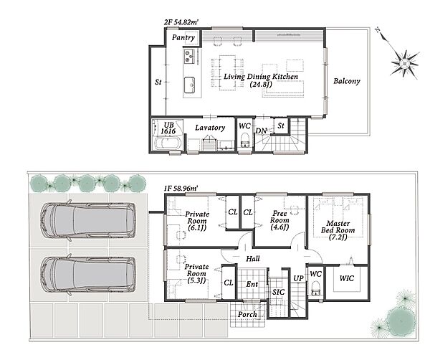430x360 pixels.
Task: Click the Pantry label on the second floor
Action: coord(183,37)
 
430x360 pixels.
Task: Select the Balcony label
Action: coord(347,81)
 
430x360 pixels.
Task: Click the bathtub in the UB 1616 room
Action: coord(167,143)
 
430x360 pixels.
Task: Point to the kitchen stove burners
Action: coord(189,56)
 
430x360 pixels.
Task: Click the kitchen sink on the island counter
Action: coord(189,85)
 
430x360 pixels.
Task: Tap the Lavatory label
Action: coord(210,128)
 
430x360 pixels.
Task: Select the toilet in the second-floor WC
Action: coord(244,140)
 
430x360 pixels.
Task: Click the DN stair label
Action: coord(261,131)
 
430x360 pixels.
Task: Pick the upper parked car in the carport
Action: coord(88,220)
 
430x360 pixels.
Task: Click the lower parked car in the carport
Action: coord(88,275)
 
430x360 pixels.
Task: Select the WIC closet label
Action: coord(347,278)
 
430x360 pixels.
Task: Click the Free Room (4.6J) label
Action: coord(279,220)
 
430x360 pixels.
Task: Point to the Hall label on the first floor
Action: coord(252,258)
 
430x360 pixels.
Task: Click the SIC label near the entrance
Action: coord(278,292)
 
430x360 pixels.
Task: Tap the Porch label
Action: coord(247,314)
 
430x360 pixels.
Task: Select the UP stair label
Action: coord(298,278)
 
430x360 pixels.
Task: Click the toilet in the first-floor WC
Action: coord(315,288)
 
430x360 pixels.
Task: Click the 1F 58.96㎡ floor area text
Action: coord(181,189)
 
